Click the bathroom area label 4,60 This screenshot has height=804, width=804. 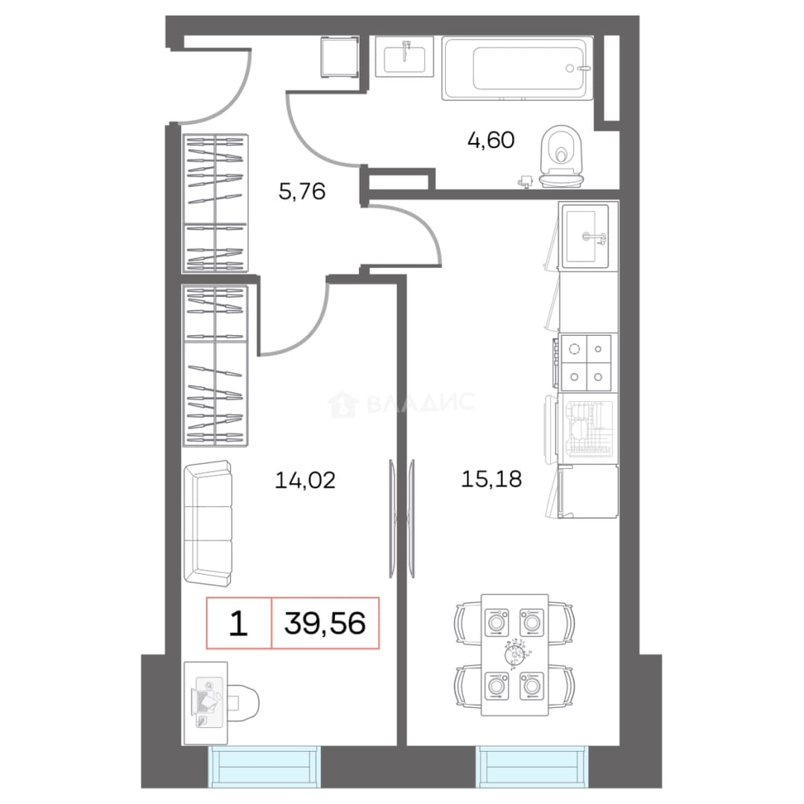pyautogui.click(x=491, y=140)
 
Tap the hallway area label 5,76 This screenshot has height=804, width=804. pyautogui.click(x=301, y=191)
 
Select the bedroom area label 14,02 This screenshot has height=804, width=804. pyautogui.click(x=305, y=480)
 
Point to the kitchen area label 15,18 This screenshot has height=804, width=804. pyautogui.click(x=491, y=479)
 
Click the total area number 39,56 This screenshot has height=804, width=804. pyautogui.click(x=325, y=623)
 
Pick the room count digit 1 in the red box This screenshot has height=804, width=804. pyautogui.click(x=238, y=623)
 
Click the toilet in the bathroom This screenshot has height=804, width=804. pyautogui.click(x=561, y=156)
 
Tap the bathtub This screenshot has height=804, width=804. pyautogui.click(x=517, y=68)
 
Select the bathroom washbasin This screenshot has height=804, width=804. pyautogui.click(x=404, y=57)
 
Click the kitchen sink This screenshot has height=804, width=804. pyautogui.click(x=585, y=237)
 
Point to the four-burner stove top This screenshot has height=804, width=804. pyautogui.click(x=586, y=363)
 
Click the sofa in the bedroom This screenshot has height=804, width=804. pyautogui.click(x=208, y=523)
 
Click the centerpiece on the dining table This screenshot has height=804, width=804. pyautogui.click(x=515, y=654)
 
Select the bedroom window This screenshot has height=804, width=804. pyautogui.click(x=264, y=767)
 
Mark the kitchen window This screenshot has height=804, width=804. pyautogui.click(x=532, y=767)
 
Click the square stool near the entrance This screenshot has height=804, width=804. pyautogui.click(x=339, y=57)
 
